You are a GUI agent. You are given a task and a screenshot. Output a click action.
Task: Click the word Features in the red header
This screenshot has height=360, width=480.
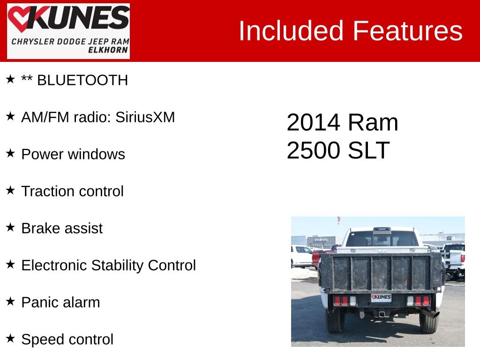[407, 31]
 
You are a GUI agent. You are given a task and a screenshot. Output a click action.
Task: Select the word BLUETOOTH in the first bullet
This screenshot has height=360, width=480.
[82, 81]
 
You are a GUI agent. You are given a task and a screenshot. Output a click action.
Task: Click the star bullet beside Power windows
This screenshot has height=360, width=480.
[10, 153]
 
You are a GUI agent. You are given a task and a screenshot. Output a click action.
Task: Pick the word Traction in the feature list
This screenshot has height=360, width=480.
[48, 191]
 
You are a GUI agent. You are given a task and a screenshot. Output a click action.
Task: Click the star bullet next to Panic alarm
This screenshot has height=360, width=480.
[10, 301]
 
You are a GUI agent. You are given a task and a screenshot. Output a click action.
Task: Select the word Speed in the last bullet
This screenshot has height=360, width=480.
[43, 339]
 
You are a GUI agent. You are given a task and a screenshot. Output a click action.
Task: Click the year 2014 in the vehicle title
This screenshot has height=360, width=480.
[313, 123]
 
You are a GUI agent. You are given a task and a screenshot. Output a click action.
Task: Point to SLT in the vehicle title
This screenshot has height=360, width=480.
[369, 150]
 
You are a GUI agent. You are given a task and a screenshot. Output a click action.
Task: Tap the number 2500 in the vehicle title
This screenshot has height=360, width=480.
[314, 150]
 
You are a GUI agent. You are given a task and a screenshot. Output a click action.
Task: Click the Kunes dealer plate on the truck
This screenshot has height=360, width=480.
[381, 298]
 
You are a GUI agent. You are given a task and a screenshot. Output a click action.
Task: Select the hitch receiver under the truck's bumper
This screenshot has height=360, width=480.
[382, 314]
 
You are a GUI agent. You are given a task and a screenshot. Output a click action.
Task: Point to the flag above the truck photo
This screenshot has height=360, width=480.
[338, 219]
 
